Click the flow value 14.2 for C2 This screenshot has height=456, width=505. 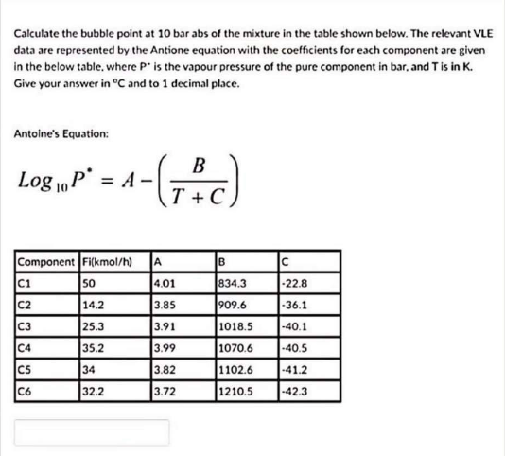click(x=94, y=303)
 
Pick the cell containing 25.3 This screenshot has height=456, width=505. click(x=94, y=324)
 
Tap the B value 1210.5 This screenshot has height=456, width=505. click(x=236, y=390)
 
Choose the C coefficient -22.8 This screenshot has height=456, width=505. click(x=295, y=281)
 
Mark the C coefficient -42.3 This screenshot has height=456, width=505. click(x=295, y=390)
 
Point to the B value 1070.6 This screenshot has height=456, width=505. click(x=236, y=346)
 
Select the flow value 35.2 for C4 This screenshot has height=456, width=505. click(x=94, y=346)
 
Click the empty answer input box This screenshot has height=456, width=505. click(x=91, y=432)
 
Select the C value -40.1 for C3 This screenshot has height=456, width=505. click(x=295, y=324)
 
